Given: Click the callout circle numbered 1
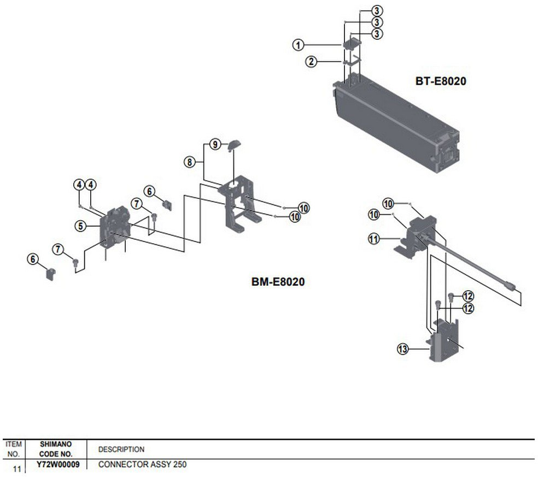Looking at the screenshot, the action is click(298, 45).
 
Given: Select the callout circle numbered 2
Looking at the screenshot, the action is click(311, 62).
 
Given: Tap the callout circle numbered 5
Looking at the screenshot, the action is click(80, 226).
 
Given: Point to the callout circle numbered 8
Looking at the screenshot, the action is click(190, 162).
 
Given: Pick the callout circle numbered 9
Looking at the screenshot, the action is click(215, 144).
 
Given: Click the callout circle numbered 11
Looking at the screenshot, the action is click(373, 238).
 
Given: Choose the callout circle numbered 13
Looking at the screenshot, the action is click(403, 349).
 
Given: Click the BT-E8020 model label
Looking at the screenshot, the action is click(441, 81).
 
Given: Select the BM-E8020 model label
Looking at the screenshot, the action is click(278, 282).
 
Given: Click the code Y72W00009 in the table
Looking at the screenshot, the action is click(58, 464).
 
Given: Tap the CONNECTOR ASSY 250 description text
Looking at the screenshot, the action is click(142, 464).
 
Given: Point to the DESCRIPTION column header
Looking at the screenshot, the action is click(121, 449).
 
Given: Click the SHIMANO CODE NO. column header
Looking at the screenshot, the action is click(56, 449).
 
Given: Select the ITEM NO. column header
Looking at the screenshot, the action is click(14, 449).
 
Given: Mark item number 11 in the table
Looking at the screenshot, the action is click(17, 469).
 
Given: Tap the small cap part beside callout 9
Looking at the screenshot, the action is click(235, 145).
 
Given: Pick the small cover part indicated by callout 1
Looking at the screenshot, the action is click(352, 44).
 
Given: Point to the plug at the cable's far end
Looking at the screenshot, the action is click(510, 285).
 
